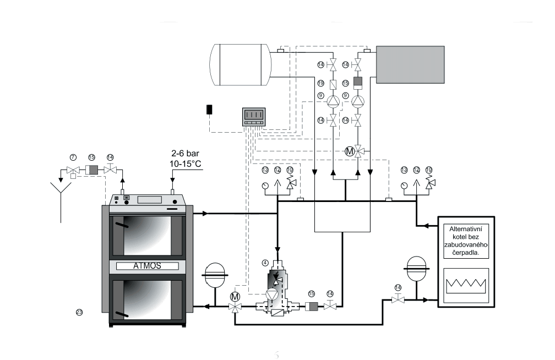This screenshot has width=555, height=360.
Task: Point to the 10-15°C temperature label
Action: pyautogui.click(x=186, y=165)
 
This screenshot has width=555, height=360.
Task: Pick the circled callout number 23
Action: pyautogui.click(x=79, y=312)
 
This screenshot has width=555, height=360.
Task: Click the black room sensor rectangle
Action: pyautogui.click(x=210, y=109)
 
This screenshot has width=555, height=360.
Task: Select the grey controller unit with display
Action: pyautogui.click(x=254, y=116)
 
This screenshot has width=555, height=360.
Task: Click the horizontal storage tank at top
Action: pyautogui.click(x=241, y=65)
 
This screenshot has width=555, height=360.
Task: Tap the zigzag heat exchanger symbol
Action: pyautogui.click(x=466, y=285)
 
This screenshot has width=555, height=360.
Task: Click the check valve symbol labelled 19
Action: pyautogui.click(x=333, y=85)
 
